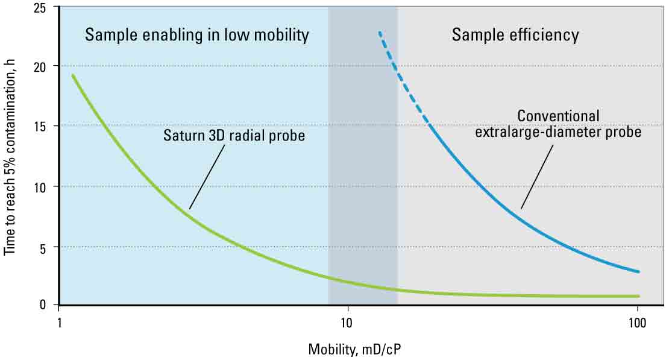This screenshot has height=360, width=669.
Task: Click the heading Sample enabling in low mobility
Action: pos(196,35)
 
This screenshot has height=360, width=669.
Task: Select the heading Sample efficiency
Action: pos(515,35)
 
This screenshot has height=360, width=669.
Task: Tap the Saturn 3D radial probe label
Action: pos(234,136)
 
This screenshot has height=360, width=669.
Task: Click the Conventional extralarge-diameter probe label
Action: pos(557,123)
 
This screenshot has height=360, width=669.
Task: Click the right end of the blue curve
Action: pos(638,271)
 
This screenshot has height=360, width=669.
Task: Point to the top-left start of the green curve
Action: pos(74,75)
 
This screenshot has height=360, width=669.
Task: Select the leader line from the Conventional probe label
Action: pos(537,175)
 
